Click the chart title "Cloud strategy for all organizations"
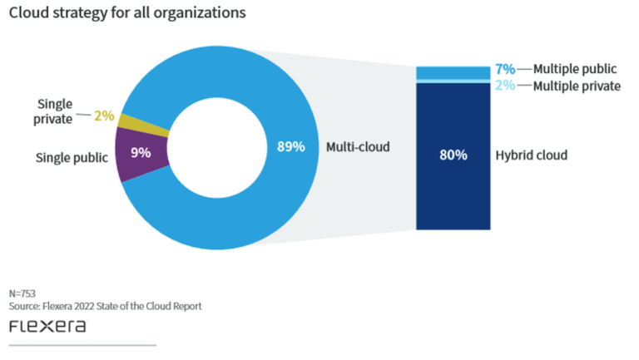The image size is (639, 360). coord(127,13)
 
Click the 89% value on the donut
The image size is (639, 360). coord(290,147)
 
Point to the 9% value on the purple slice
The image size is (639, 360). coord(141,153)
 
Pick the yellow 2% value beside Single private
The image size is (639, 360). coord(104,116)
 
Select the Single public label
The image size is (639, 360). coord(72,156)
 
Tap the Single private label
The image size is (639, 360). coord(55,111)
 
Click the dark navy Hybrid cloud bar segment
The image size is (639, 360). coord(453,191)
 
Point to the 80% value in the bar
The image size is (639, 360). coord(453,155)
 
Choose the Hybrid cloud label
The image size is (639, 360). coord(531,155)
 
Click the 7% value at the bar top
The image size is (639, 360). coord(505,69)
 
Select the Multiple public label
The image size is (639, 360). coord(575,69)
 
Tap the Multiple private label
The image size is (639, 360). coord(577,86)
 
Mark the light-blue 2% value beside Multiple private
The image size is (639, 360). coord(505,86)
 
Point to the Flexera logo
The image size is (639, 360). coord(47,326)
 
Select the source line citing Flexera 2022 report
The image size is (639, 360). coord(105,306)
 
